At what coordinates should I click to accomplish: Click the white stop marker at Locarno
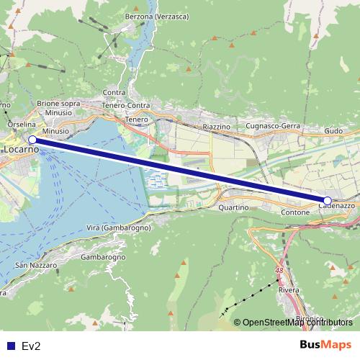tap(32, 140)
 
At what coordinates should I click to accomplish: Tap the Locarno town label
tap(20, 150)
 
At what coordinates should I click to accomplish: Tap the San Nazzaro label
tap(31, 266)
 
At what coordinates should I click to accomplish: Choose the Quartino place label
tap(233, 207)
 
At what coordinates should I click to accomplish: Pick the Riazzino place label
tap(216, 126)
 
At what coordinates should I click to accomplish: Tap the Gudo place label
tap(333, 131)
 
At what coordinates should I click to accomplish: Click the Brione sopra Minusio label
tap(58, 108)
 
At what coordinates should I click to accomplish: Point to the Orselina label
tap(17, 124)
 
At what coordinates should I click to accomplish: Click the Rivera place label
tap(288, 290)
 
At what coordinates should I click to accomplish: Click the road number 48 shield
tap(279, 270)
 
